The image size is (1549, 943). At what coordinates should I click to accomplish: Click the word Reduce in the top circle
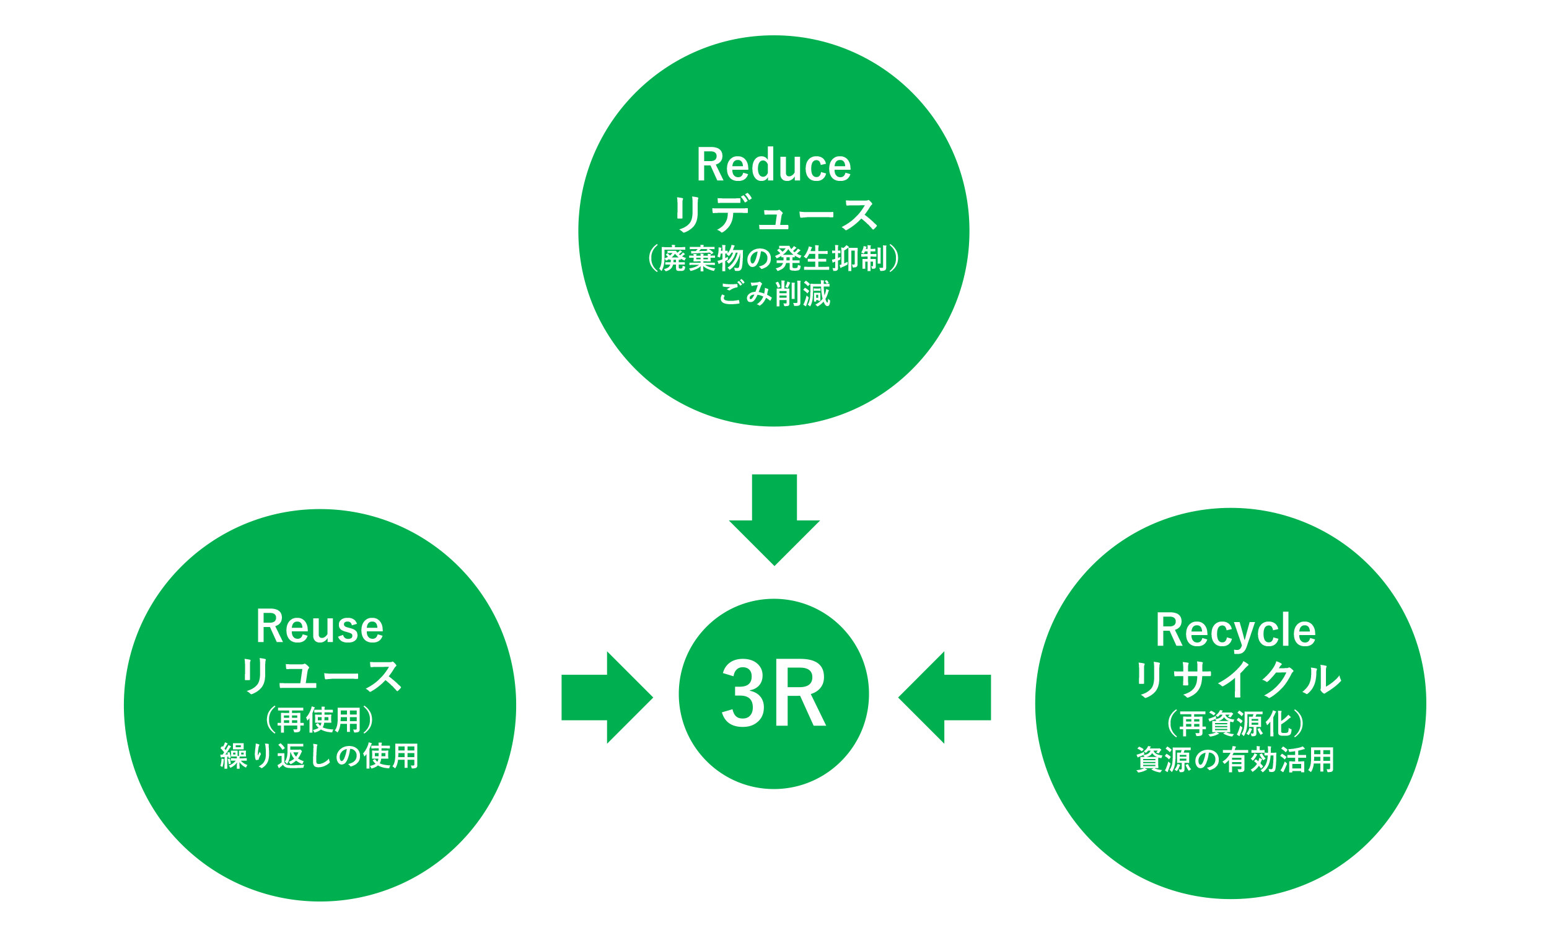point(773,165)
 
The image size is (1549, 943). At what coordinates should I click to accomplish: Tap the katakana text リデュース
point(773,214)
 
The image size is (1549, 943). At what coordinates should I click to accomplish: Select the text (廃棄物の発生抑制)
point(773,258)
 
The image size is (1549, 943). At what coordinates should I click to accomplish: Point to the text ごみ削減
point(774,294)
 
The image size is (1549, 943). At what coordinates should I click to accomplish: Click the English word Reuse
point(319,627)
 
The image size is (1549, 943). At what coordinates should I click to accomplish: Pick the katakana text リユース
point(319,677)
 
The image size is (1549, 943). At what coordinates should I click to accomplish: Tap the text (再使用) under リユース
point(319,721)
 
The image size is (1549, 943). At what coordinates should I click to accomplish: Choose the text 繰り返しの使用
point(319,757)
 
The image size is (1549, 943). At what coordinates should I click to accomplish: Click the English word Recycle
point(1235,631)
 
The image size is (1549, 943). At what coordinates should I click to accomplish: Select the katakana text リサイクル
point(1236,680)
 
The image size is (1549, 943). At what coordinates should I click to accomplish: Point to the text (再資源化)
point(1235,724)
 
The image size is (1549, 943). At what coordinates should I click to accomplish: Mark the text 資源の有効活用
point(1235,760)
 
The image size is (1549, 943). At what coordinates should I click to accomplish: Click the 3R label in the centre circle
point(773,693)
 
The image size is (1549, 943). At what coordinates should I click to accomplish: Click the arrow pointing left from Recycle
point(945,697)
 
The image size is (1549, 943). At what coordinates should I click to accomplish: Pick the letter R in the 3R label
point(802,693)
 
